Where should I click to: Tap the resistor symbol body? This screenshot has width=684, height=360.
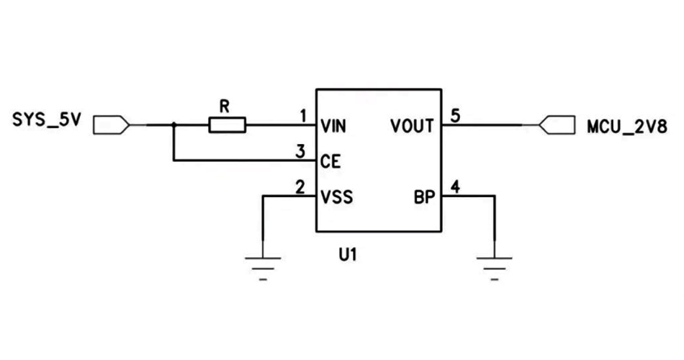pyautogui.click(x=228, y=125)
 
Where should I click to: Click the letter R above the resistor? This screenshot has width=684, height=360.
pyautogui.click(x=224, y=106)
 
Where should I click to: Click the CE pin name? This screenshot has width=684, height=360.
pyautogui.click(x=330, y=162)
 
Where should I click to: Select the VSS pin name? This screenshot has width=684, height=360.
pyautogui.click(x=337, y=196)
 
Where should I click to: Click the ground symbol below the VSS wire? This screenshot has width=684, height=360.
pyautogui.click(x=264, y=266)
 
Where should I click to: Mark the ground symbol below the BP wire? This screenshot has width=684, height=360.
pyautogui.click(x=494, y=266)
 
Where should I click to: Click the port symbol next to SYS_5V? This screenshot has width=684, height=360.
pyautogui.click(x=112, y=125)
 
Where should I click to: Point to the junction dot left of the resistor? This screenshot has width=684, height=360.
pyautogui.click(x=174, y=125)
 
